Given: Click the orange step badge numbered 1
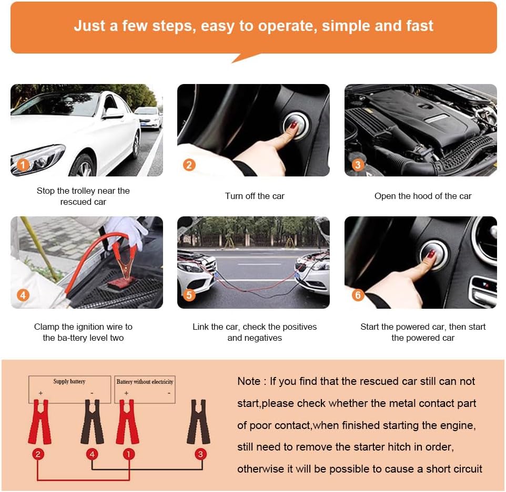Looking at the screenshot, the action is pyautogui.click(x=23, y=165).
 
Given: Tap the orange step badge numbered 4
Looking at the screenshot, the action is pyautogui.click(x=23, y=295).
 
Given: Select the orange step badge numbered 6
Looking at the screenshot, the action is pyautogui.click(x=358, y=295).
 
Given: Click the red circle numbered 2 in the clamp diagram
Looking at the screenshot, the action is pyautogui.click(x=38, y=454).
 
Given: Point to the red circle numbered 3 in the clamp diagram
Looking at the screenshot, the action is pyautogui.click(x=200, y=454).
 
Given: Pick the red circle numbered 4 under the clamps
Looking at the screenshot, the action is pyautogui.click(x=92, y=454).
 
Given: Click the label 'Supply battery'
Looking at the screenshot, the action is pyautogui.click(x=69, y=382).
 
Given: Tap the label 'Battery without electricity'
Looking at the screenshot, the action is pyautogui.click(x=145, y=382).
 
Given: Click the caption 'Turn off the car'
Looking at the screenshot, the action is pyautogui.click(x=255, y=196).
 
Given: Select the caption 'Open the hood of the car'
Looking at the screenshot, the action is pyautogui.click(x=423, y=196).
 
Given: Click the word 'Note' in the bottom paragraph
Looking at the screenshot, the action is pyautogui.click(x=249, y=382).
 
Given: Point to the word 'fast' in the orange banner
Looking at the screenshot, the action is pyautogui.click(x=420, y=26).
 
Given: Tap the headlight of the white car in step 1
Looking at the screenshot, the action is pyautogui.click(x=38, y=159).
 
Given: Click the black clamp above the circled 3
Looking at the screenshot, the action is pyautogui.click(x=198, y=422).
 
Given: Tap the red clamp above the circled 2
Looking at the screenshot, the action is pyautogui.click(x=39, y=422).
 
